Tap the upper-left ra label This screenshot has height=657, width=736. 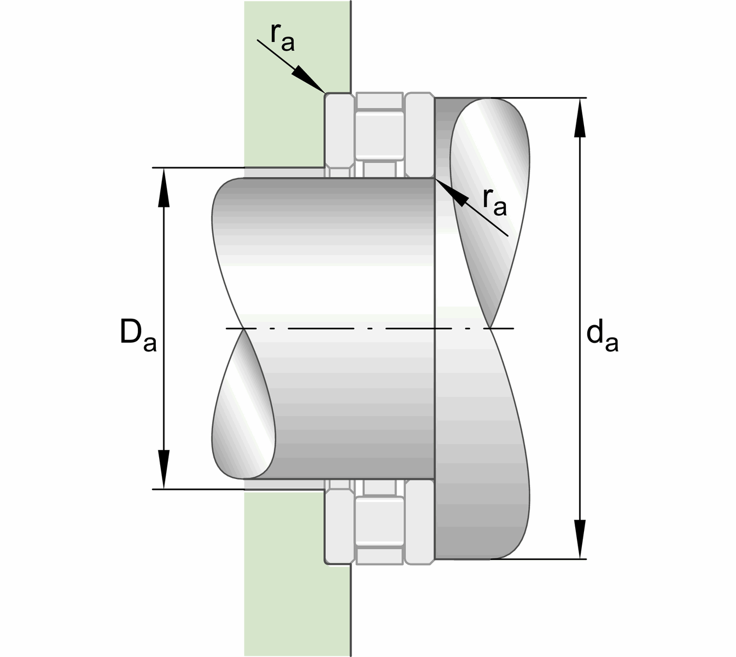pos(282,38)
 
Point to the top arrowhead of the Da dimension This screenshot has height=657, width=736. pos(163,186)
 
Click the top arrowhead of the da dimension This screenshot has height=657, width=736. pos(580,118)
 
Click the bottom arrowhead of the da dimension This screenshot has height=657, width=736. pos(580,539)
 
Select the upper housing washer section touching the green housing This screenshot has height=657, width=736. pos(338,131)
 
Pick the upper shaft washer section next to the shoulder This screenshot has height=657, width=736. pos(420,134)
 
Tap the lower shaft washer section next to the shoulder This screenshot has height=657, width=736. pos(420,523)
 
